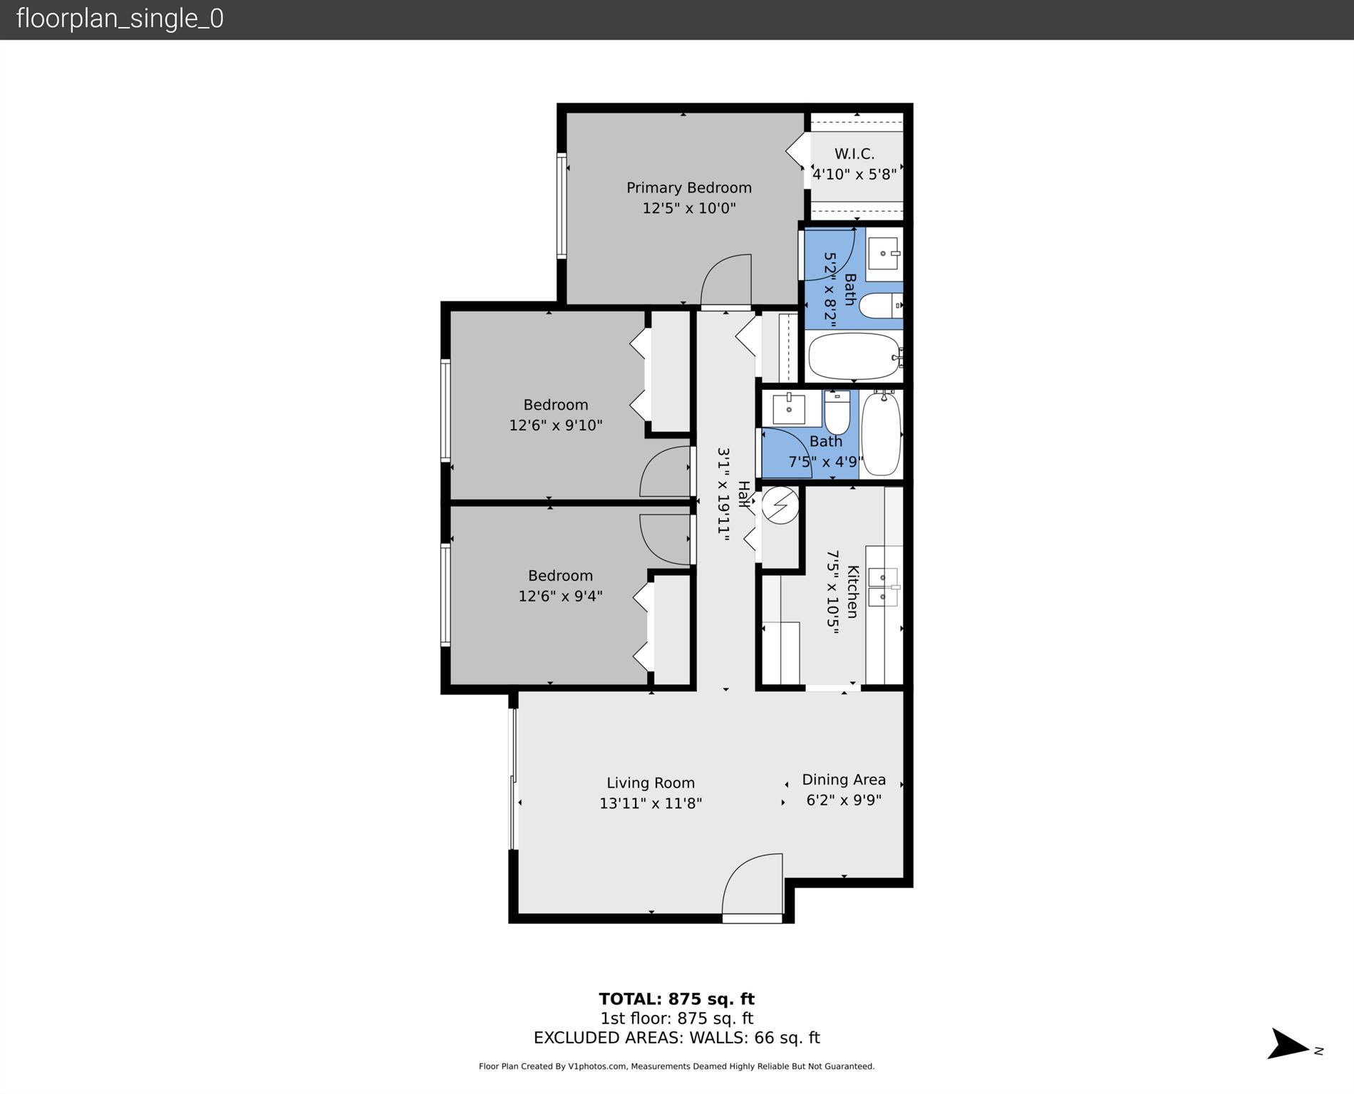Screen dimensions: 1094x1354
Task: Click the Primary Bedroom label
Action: (688, 187)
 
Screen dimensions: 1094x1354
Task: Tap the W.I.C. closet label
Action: (854, 154)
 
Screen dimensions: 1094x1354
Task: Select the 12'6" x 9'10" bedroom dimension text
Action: (555, 425)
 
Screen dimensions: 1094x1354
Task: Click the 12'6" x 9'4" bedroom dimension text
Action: (560, 596)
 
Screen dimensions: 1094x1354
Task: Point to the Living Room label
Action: (650, 783)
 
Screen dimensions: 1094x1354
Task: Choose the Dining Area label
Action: (844, 780)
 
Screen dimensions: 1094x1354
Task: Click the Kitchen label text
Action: (852, 592)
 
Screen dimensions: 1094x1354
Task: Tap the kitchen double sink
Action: (883, 587)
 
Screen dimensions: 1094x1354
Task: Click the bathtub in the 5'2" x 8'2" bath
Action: (854, 356)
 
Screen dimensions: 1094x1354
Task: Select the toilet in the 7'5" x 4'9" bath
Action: (837, 413)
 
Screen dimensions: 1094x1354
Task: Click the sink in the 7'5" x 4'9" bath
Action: (789, 409)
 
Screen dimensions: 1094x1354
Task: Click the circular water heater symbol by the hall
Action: (780, 505)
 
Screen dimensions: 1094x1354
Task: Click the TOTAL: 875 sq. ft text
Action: (676, 999)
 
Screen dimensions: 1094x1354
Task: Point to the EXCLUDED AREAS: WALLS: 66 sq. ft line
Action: (676, 1038)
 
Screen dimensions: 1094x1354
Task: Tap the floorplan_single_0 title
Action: (120, 19)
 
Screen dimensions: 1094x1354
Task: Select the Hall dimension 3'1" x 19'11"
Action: (723, 495)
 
